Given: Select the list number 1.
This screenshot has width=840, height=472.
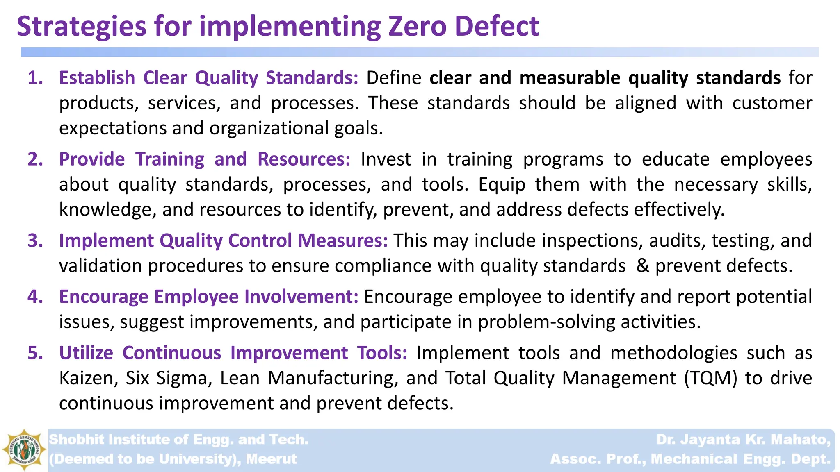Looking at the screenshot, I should pos(35,78).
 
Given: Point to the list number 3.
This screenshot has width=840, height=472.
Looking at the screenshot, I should pos(35,241).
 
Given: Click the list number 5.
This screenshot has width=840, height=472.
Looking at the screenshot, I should pos(35,353).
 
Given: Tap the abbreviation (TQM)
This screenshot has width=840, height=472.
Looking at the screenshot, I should pos(710,378).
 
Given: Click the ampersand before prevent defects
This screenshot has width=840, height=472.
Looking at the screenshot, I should pos(643,266).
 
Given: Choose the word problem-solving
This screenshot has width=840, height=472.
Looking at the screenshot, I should pos(547,322).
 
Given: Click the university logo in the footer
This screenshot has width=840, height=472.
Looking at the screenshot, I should pos(24,450).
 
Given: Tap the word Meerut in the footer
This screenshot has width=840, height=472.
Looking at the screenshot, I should pos(271,459).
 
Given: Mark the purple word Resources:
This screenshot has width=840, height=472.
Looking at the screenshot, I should pos(304,159).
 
